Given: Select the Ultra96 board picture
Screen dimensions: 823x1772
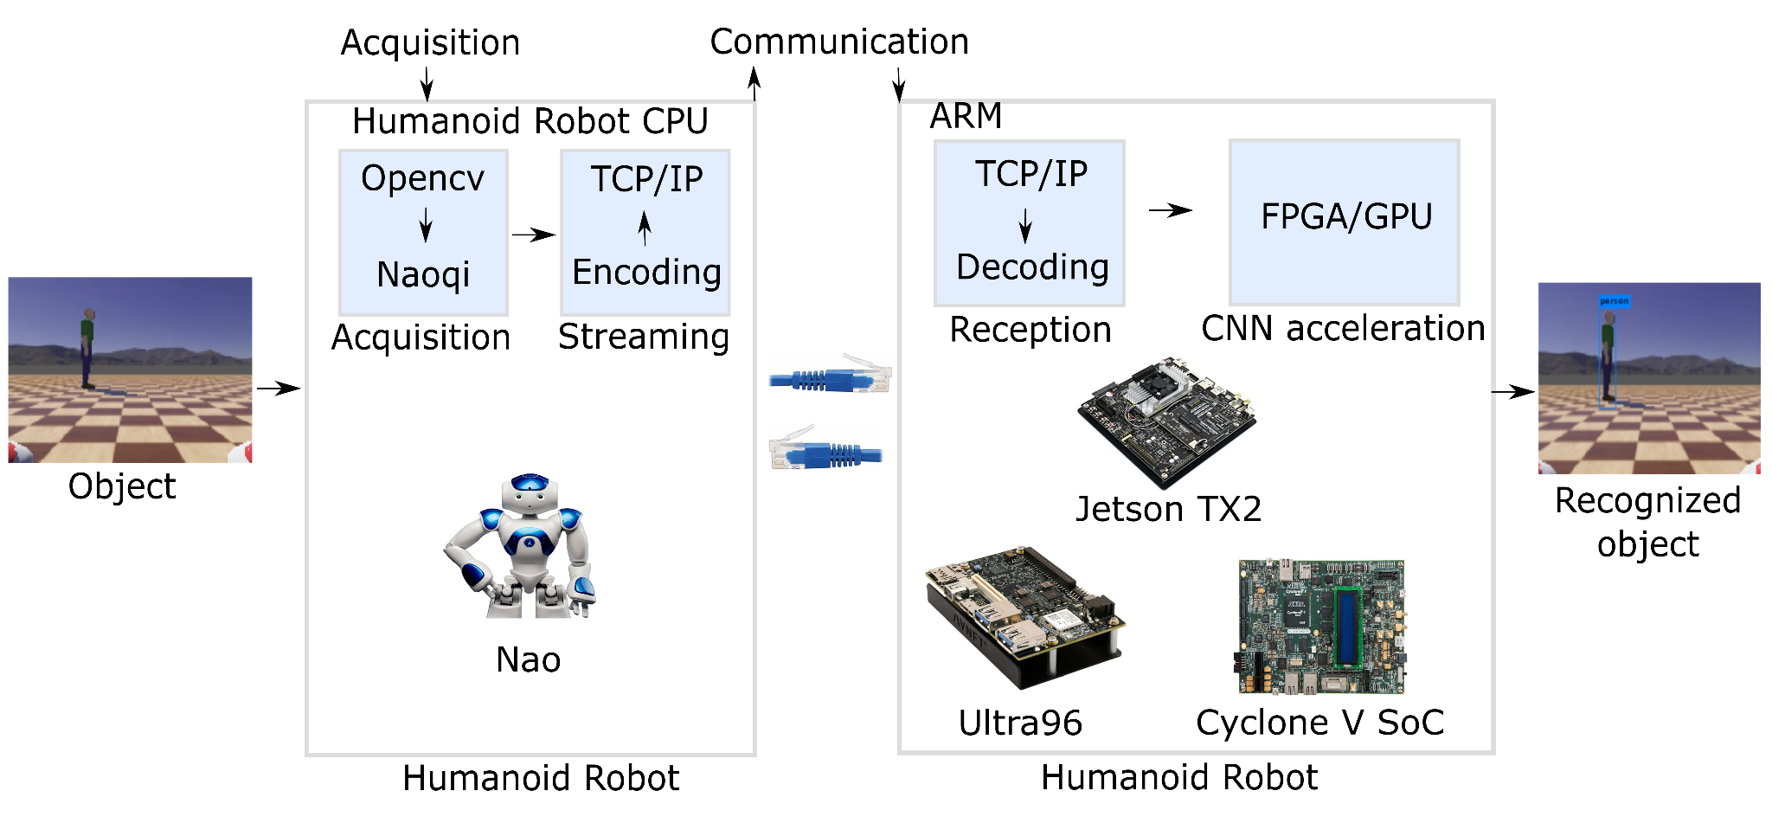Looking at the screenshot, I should (1024, 616).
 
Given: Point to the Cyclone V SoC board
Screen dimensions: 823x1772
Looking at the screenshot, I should (1321, 627).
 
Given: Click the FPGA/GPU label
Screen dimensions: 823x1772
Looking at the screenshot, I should (1346, 216).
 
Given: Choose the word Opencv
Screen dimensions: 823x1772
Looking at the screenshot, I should (422, 178).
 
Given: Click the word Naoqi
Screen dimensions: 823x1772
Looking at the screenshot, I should (423, 274).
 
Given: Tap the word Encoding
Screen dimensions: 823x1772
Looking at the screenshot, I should (646, 272).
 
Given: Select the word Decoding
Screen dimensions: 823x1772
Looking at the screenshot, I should (1032, 267).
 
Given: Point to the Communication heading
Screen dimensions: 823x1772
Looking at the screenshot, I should (839, 42).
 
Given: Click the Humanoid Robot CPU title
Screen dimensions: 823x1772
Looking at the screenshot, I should (530, 121).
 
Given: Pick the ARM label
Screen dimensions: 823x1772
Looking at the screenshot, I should (966, 116).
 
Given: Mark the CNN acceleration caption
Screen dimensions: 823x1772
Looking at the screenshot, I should (1343, 328).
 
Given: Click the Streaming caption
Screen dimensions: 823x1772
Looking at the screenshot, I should (644, 337).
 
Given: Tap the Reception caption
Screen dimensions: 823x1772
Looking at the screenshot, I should (1030, 330).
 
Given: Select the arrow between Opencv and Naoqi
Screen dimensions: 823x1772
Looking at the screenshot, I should (426, 225).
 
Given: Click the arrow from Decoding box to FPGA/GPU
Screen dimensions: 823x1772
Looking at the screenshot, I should (1171, 210).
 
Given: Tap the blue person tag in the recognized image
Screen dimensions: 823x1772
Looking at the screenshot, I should (1614, 301).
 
